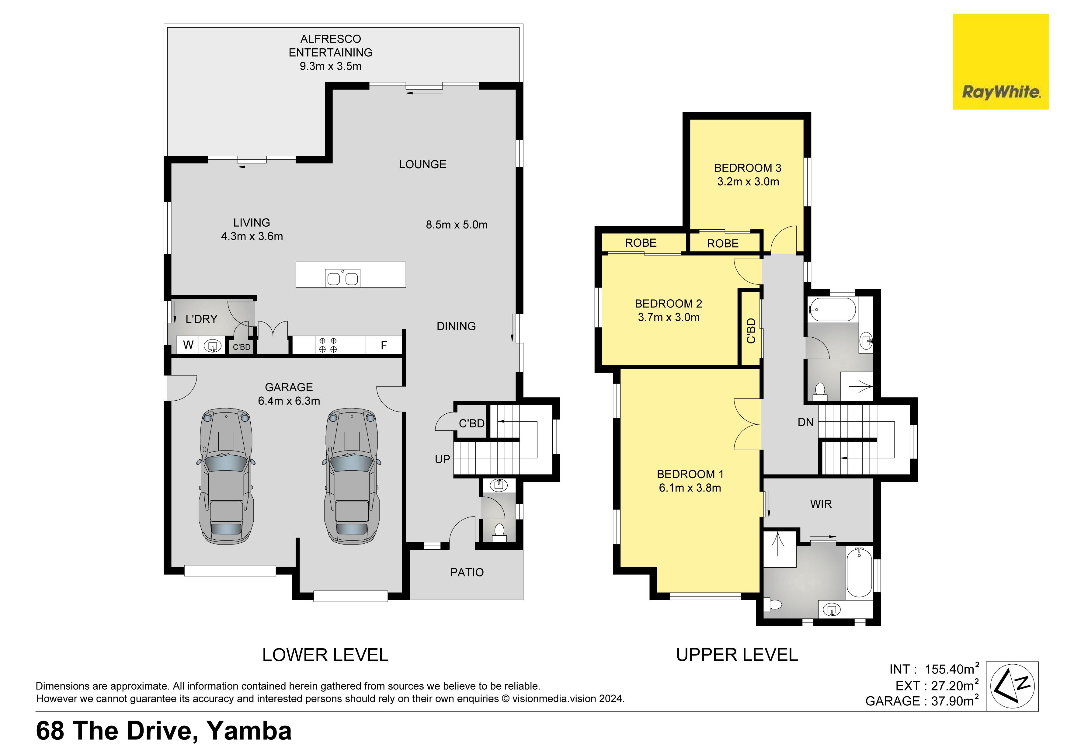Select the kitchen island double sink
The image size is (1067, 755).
[342, 278]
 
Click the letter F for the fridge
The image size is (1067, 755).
[384, 346]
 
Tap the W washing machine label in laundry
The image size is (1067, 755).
[188, 345]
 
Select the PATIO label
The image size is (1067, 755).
[467, 572]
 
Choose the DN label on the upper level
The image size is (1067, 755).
[805, 422]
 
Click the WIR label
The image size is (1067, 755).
[821, 504]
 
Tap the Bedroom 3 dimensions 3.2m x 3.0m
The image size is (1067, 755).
[748, 182]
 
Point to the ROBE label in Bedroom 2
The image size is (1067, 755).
[640, 243]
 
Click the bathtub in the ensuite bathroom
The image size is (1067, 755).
[859, 573]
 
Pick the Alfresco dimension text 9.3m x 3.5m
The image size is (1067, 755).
[330, 66]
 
